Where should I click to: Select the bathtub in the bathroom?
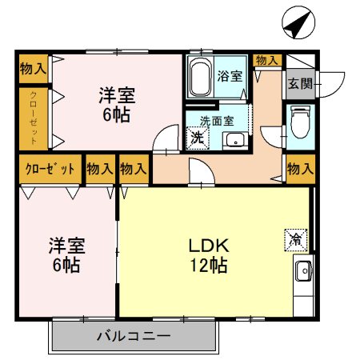tap(201, 78)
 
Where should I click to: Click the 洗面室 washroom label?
tap(215, 121)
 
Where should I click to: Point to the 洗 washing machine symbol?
tap(197, 138)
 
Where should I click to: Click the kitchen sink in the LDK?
tap(303, 272)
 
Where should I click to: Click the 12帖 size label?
tap(209, 265)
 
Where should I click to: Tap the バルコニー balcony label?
tap(134, 335)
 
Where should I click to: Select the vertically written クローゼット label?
tap(34, 118)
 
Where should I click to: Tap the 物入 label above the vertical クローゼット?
tap(33, 68)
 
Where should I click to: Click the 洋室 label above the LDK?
tap(117, 94)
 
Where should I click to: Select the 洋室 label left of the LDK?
tap(66, 245)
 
